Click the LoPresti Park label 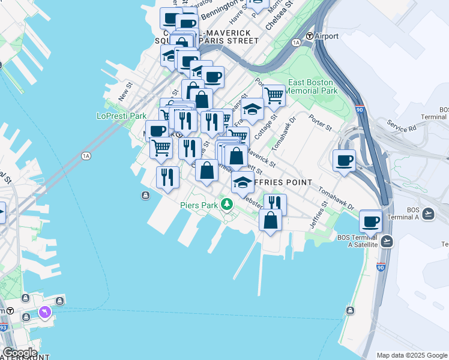point(121,116)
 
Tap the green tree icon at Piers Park point(226,205)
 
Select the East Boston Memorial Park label point(312,86)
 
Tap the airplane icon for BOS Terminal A point(428,214)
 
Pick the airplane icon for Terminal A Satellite point(387,241)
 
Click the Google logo point(20,353)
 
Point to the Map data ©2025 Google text point(412,355)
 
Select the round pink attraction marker point(45,313)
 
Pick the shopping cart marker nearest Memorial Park point(273,94)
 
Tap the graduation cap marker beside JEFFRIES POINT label point(243,182)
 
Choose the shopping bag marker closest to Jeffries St point(270,220)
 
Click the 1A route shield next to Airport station point(295,43)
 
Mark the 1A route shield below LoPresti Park point(86,156)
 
